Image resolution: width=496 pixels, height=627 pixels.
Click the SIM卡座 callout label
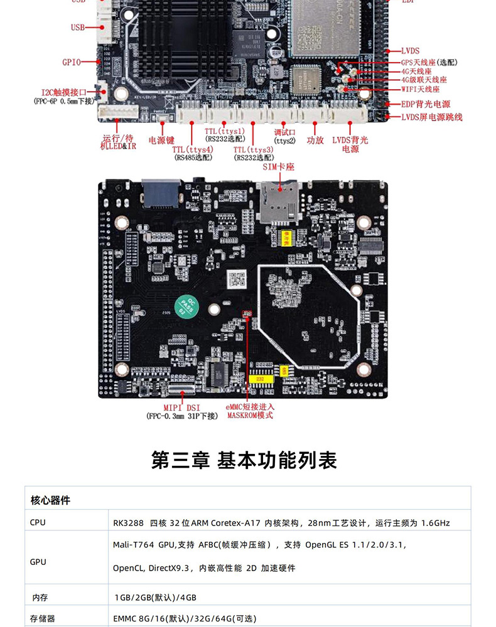click(278, 167)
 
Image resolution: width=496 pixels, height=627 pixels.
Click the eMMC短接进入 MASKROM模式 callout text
click(250, 411)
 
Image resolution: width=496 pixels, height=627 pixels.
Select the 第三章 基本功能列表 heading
click(244, 460)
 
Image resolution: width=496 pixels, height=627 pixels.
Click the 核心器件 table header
click(50, 500)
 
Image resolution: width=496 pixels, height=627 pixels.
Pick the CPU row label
click(38, 522)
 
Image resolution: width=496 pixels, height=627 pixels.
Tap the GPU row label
click(38, 562)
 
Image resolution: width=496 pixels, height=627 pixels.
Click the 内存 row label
click(40, 598)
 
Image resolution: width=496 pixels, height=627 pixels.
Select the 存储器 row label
click(43, 618)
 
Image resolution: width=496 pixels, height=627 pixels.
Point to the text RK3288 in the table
click(128, 522)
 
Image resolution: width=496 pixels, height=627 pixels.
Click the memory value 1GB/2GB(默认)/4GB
click(154, 598)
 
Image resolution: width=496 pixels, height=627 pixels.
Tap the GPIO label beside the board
click(72, 62)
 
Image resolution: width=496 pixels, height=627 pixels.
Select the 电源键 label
click(161, 140)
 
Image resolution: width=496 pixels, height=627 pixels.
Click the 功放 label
click(315, 140)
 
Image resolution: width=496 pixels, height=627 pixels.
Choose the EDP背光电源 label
click(426, 104)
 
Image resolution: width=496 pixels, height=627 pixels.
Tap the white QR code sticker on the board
click(235, 278)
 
